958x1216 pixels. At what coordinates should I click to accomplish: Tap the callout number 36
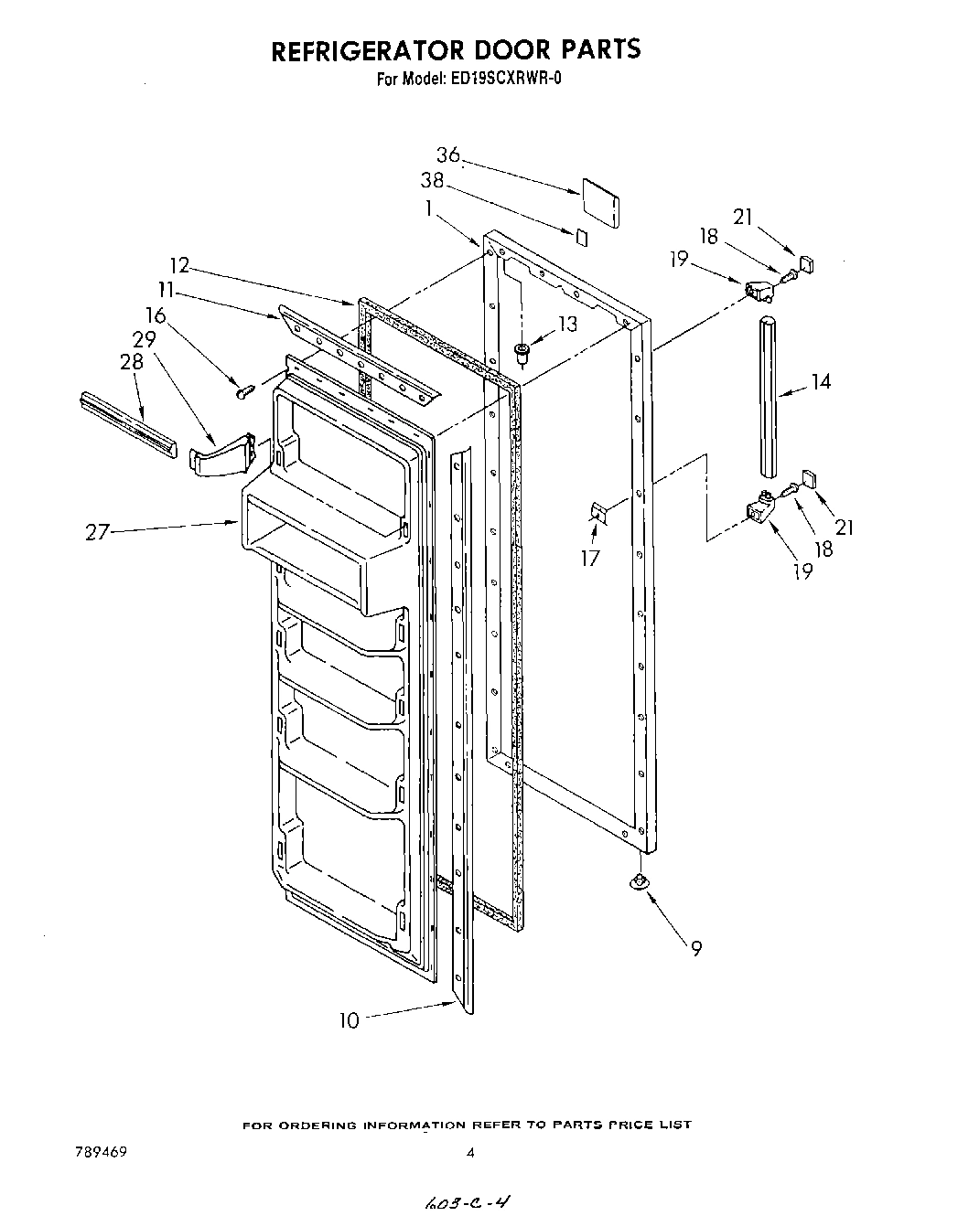pos(447,155)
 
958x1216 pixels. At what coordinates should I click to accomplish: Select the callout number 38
pos(432,180)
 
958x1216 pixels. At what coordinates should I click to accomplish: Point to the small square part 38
pos(582,236)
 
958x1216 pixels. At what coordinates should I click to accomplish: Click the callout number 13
pos(567,323)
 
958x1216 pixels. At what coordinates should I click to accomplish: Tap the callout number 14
pos(821,381)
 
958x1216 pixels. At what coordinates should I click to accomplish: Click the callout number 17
pos(591,557)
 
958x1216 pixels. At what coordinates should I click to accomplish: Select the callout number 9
pos(696,949)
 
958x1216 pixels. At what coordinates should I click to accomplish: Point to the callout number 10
pos(350,1020)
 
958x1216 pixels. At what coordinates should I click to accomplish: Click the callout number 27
pos(98,531)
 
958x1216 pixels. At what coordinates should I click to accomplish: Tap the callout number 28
pos(132,361)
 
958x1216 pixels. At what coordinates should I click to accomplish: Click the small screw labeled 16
pos(243,391)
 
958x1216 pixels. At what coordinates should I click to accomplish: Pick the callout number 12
pos(179,265)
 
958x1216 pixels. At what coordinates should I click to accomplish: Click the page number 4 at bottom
pos(470,1154)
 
